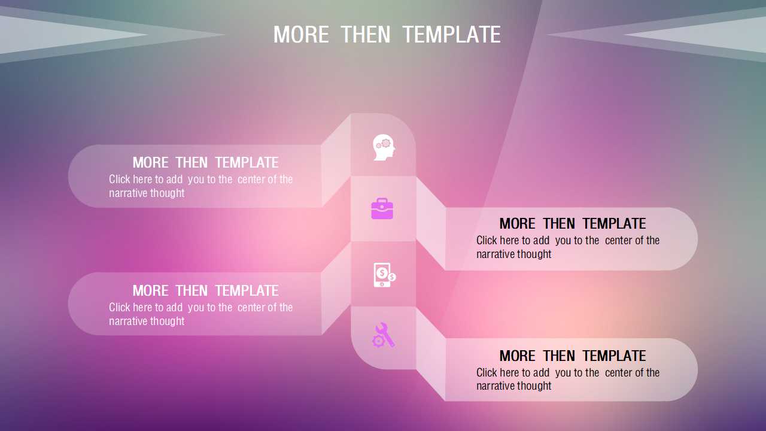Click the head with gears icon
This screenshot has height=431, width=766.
pos(384,147)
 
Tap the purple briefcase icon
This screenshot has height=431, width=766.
pos(382,208)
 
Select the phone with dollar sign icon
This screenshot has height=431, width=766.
pos(384,275)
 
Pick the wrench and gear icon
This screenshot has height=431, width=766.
pos(384,335)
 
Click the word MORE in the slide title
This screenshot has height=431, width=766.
pos(301,35)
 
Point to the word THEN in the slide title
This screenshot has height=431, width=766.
pos(366,35)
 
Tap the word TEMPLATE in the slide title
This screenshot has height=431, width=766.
pos(452,35)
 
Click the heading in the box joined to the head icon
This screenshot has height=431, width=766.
pos(205,162)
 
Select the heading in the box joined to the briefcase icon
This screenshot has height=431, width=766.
pos(573,224)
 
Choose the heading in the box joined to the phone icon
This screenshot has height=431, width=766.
pos(205,291)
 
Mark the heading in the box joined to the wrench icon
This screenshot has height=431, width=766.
pos(573,356)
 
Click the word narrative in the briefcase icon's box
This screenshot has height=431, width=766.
pos(495,254)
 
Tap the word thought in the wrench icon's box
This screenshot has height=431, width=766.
pos(534,386)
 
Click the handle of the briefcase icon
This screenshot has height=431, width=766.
pos(382,200)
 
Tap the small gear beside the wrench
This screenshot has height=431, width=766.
pos(378,341)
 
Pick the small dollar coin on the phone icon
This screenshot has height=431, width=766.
pos(392,277)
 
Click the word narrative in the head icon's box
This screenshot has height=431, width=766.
pos(128,193)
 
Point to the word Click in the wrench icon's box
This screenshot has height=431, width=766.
pos(487,372)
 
